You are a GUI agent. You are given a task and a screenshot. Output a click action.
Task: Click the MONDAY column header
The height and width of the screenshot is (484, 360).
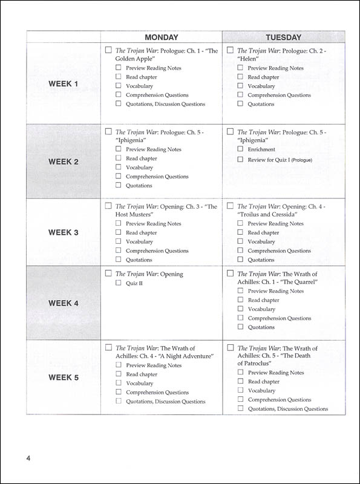(x=161, y=38)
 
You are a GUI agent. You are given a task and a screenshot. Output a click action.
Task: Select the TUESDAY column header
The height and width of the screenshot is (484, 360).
(x=284, y=38)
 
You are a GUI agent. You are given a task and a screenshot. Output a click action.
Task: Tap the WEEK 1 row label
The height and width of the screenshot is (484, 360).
(x=64, y=83)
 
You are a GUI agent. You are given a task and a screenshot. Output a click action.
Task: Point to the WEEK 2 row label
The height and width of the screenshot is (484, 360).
(x=64, y=162)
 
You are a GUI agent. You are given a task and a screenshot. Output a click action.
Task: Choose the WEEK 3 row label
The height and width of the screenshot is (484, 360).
(x=64, y=232)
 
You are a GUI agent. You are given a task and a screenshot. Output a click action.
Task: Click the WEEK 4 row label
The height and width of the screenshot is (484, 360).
(x=64, y=303)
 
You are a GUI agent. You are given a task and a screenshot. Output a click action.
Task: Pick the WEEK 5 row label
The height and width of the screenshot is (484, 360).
(x=64, y=378)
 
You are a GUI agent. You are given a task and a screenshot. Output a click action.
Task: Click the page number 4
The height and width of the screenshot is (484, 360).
(x=28, y=458)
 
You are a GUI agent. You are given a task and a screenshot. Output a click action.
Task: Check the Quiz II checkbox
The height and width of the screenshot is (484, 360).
(x=119, y=283)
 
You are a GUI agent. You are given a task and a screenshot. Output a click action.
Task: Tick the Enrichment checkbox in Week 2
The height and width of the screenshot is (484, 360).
(x=240, y=149)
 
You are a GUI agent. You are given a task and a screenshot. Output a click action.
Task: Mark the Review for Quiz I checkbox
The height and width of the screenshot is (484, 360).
(x=240, y=160)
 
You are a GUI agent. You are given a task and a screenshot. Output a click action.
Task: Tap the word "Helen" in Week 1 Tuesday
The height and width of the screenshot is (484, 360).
(x=248, y=59)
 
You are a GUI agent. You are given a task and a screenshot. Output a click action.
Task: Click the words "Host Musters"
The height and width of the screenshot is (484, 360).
(x=135, y=215)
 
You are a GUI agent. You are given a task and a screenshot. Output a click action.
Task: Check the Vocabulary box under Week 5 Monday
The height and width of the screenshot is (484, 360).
(x=119, y=383)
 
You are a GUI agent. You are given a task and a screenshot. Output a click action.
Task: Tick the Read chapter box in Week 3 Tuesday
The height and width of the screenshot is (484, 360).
(x=240, y=232)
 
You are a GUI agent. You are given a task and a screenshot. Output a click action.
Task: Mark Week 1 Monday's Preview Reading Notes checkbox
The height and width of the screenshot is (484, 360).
(x=119, y=68)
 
